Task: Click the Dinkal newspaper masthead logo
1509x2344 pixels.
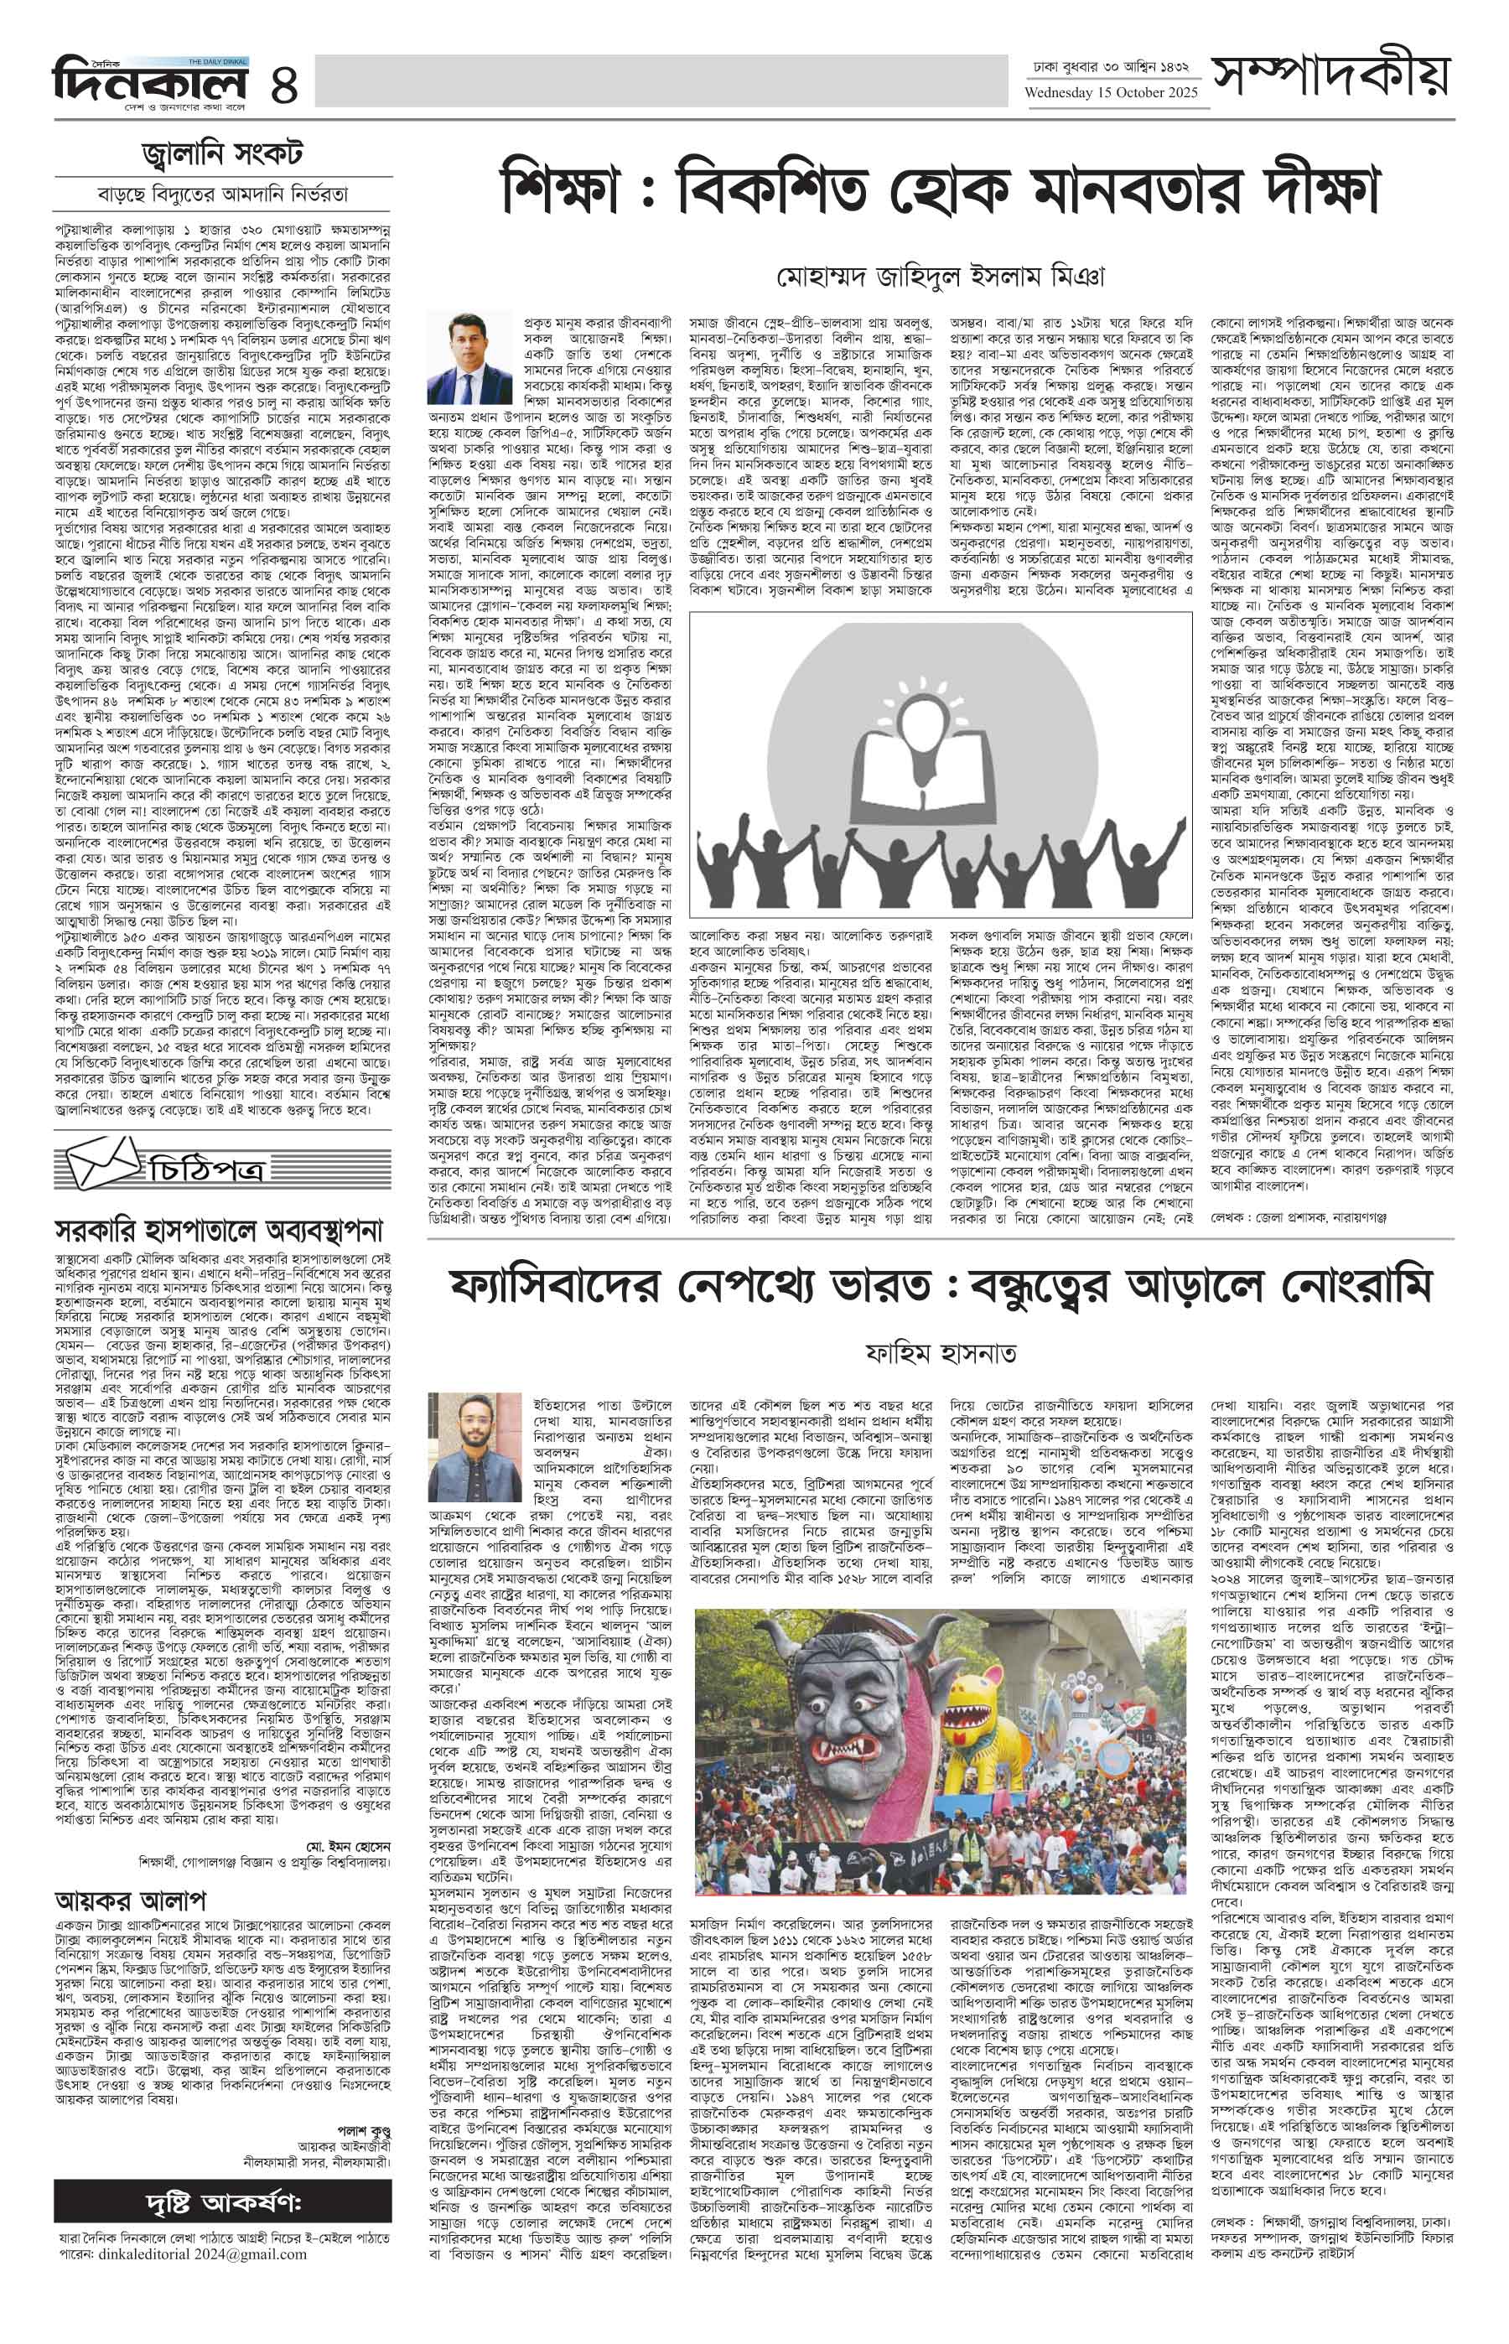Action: click(x=147, y=79)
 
